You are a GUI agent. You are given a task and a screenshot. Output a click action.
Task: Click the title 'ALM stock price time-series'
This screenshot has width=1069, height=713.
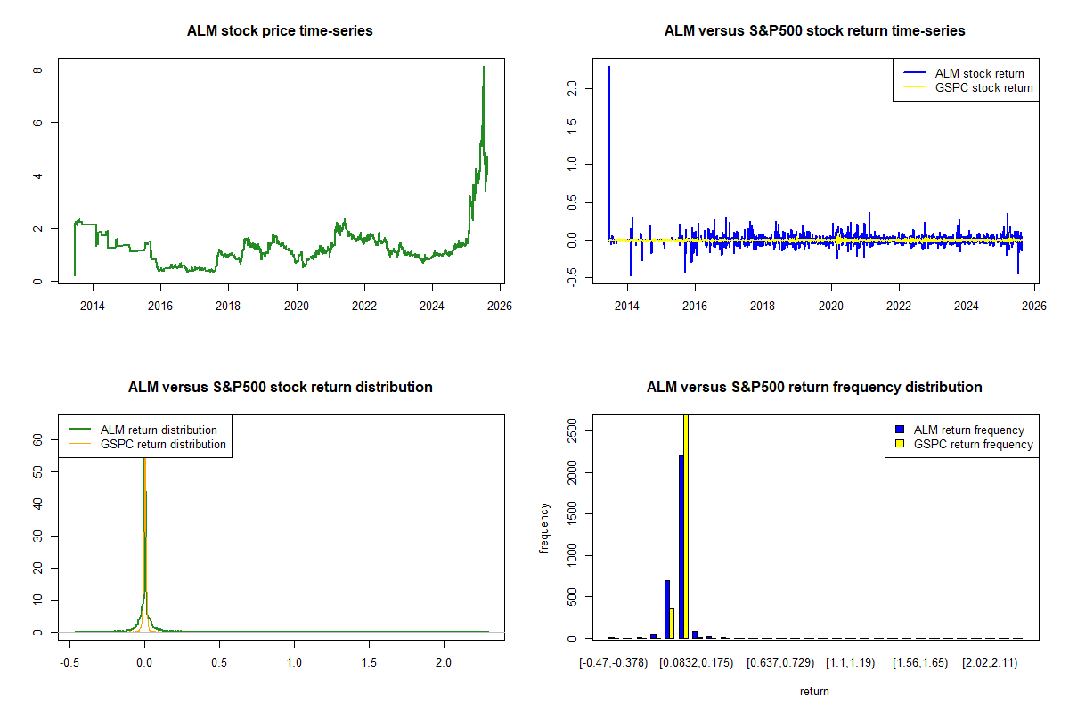pyautogui.click(x=280, y=31)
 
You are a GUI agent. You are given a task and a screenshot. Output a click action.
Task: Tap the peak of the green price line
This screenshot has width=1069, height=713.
pyautogui.click(x=483, y=67)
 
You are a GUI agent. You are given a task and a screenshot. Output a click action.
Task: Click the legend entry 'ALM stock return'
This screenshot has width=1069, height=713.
pyautogui.click(x=979, y=73)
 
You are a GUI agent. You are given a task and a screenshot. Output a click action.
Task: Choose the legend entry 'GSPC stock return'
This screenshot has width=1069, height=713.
pyautogui.click(x=983, y=87)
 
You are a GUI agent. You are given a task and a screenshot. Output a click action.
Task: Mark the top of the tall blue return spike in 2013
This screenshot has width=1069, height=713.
pyautogui.click(x=609, y=67)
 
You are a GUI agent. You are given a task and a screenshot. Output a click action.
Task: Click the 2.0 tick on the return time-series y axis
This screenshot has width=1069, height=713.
pyautogui.click(x=573, y=88)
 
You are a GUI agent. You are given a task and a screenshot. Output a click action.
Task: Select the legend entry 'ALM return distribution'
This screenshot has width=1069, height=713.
pyautogui.click(x=159, y=430)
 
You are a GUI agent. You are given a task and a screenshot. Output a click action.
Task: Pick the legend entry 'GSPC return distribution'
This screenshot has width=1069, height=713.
pyautogui.click(x=163, y=444)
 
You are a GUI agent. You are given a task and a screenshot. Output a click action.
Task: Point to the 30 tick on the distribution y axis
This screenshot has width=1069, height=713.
pyautogui.click(x=38, y=536)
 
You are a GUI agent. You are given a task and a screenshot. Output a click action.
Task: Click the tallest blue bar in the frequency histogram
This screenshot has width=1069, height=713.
pyautogui.click(x=681, y=545)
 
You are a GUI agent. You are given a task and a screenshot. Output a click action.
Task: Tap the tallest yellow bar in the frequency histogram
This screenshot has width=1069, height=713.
pyautogui.click(x=686, y=526)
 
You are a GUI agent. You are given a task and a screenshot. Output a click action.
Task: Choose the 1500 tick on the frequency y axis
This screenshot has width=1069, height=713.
pyautogui.click(x=573, y=513)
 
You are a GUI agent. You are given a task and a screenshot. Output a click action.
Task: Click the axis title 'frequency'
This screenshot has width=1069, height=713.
pyautogui.click(x=544, y=529)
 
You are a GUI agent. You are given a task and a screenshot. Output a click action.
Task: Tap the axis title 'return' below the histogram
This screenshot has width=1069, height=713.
pyautogui.click(x=814, y=691)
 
